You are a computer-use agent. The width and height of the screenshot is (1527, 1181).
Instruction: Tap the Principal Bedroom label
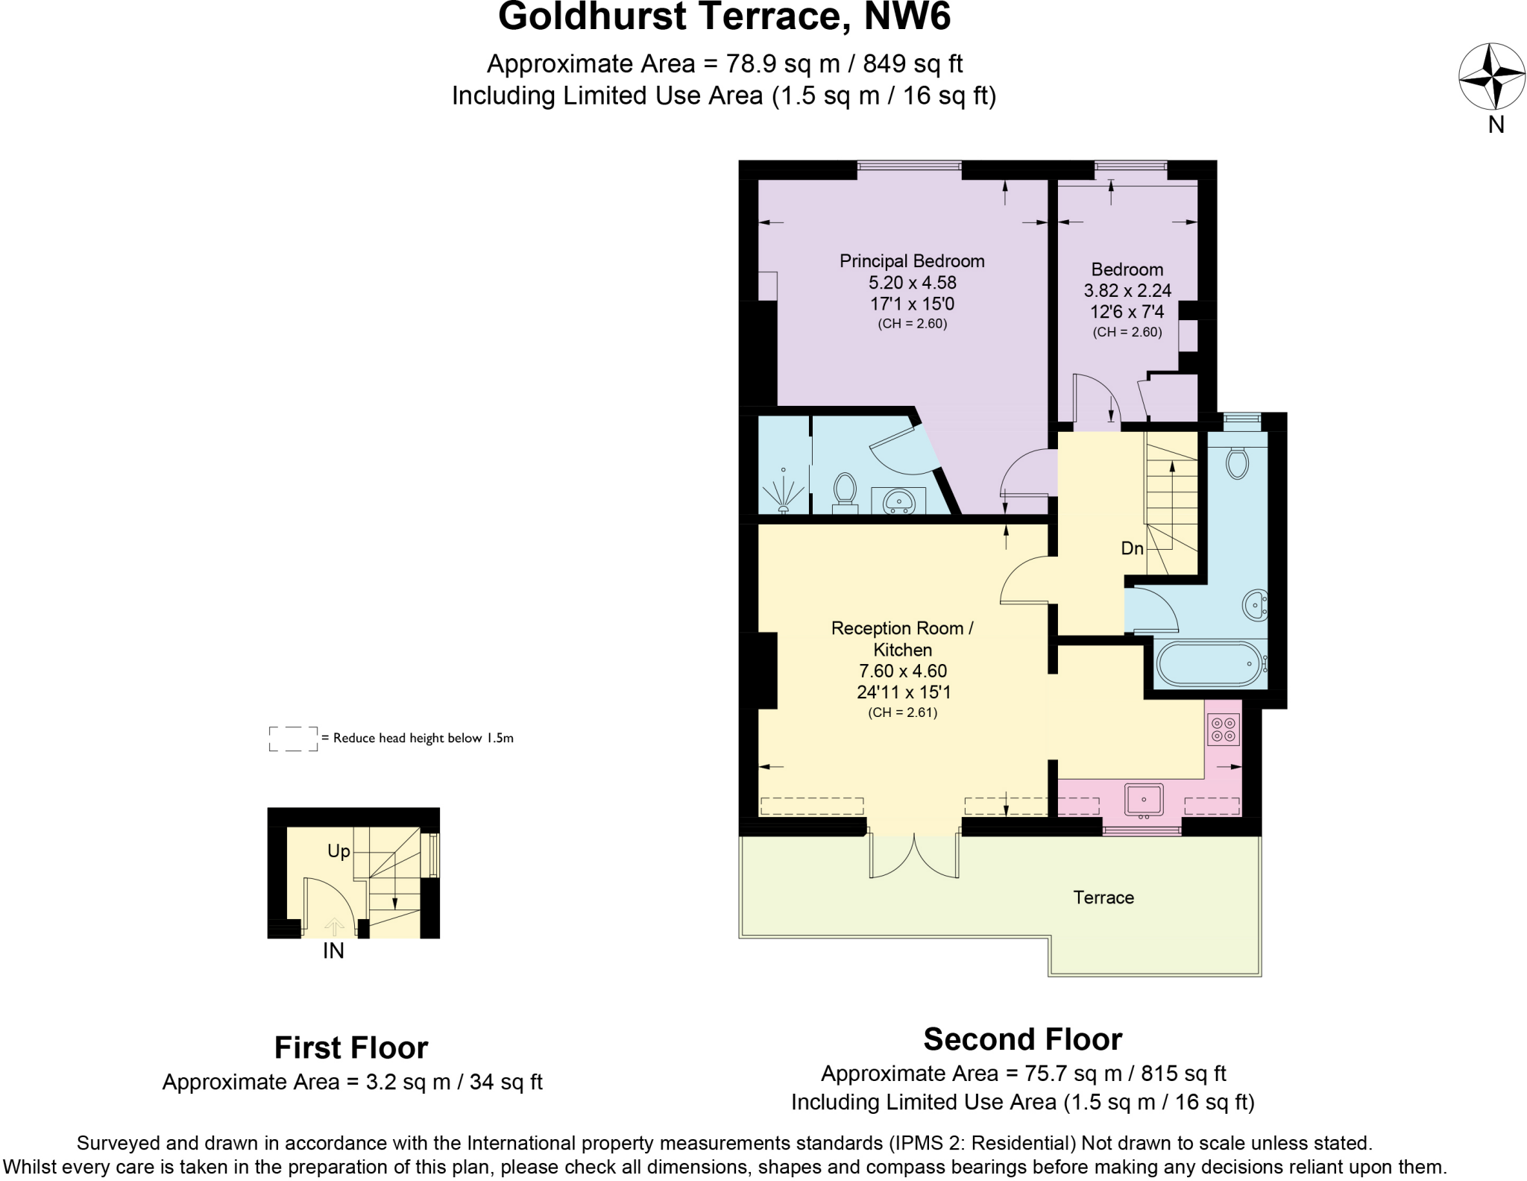912,261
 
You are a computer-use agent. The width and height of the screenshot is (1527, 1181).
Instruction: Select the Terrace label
1103,898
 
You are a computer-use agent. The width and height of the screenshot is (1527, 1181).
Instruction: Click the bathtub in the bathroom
1208,663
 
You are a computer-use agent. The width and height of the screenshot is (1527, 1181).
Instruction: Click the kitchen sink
1144,799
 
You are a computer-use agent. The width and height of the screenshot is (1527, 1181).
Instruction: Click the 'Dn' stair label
1132,548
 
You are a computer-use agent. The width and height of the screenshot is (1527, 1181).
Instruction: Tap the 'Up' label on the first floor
339,851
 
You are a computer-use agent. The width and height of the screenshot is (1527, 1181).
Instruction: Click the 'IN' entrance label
333,951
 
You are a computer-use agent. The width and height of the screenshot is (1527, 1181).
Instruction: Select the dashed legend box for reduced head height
293,739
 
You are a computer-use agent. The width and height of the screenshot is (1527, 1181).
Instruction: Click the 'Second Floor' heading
1022,1039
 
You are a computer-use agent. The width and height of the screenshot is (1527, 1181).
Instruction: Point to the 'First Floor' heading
351,1047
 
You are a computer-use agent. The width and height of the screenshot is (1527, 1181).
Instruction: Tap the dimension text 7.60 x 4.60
903,671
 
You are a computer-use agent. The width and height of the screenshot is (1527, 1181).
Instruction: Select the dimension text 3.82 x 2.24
1127,290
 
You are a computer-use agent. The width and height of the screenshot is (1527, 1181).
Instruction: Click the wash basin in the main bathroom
1256,604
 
